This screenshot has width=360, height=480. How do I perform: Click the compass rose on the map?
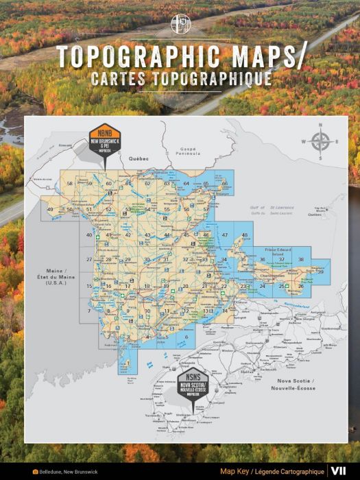tap(320, 141)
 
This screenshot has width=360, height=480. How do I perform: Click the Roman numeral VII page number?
tap(338, 471)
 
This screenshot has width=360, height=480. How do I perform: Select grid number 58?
tap(69, 184)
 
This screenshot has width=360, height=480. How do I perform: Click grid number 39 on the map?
tap(320, 272)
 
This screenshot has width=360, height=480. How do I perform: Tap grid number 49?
tap(50, 209)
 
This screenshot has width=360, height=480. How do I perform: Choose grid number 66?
tap(224, 184)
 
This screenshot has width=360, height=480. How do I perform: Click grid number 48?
tap(244, 235)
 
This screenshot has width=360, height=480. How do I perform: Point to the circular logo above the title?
tap(180, 23)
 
